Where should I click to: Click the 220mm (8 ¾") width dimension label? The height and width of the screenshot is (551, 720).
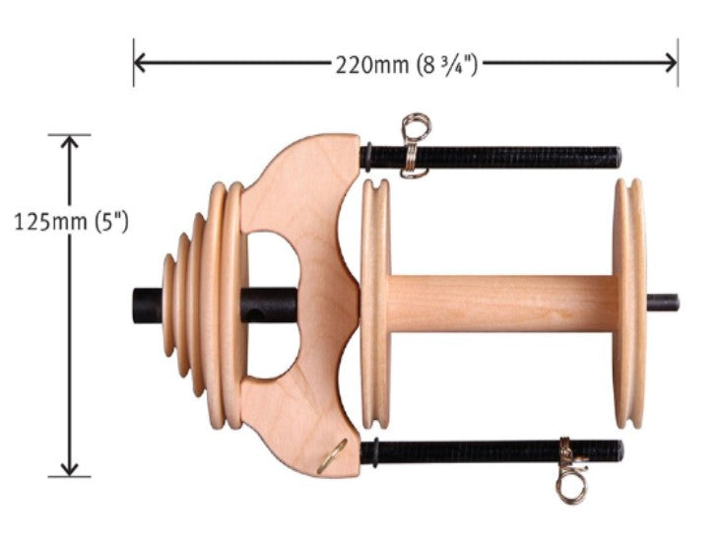coord(407,65)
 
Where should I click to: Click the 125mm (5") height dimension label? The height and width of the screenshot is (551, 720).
coord(71,222)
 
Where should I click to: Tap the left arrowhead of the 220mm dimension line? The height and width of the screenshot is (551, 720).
coord(140,62)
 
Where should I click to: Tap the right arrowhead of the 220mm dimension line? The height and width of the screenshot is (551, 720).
coord(671,62)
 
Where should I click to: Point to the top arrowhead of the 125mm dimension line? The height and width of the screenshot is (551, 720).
coord(69,142)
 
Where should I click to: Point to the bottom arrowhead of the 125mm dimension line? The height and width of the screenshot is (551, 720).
coord(69,469)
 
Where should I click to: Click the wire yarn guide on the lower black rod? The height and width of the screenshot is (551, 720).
coord(570,470)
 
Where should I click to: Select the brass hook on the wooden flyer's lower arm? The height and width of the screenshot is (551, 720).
coord(333,456)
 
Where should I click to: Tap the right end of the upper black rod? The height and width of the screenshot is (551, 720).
coord(618,157)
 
